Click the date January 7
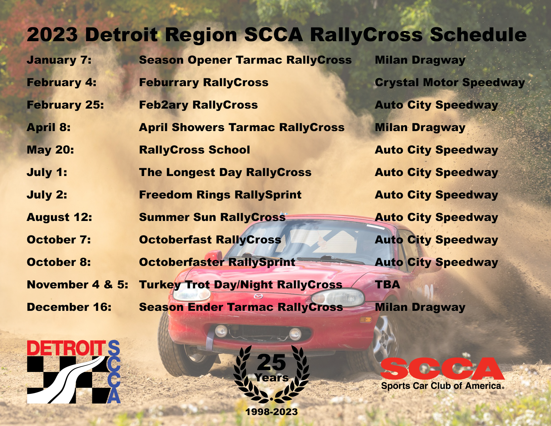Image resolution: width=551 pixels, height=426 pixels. (x=59, y=60)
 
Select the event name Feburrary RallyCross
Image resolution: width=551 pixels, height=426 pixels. (x=204, y=82)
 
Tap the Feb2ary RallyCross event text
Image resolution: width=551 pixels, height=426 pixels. (x=198, y=105)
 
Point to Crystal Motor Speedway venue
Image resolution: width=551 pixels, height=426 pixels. (x=450, y=83)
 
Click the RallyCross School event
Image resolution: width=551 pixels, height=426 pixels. (x=194, y=150)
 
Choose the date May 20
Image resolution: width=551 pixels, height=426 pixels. (x=50, y=150)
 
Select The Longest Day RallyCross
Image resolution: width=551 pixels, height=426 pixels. (x=225, y=173)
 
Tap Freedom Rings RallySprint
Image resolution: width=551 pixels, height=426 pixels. (x=220, y=195)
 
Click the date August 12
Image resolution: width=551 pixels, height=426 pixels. (x=59, y=218)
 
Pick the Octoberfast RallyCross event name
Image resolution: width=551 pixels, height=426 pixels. (x=210, y=240)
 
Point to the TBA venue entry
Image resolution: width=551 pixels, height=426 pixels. (x=388, y=285)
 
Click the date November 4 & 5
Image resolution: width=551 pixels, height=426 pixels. (x=77, y=285)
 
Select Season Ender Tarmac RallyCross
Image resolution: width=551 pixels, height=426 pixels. (x=241, y=307)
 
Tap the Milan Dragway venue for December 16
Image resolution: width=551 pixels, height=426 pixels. (x=420, y=307)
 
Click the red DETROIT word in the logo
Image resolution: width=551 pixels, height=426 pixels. (x=67, y=348)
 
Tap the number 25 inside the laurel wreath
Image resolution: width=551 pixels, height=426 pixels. (x=271, y=362)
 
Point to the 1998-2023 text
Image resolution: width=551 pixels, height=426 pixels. (x=271, y=412)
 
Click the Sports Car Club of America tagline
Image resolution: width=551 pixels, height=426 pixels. (x=442, y=386)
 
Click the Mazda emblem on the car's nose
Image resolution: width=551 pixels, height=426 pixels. (x=258, y=296)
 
